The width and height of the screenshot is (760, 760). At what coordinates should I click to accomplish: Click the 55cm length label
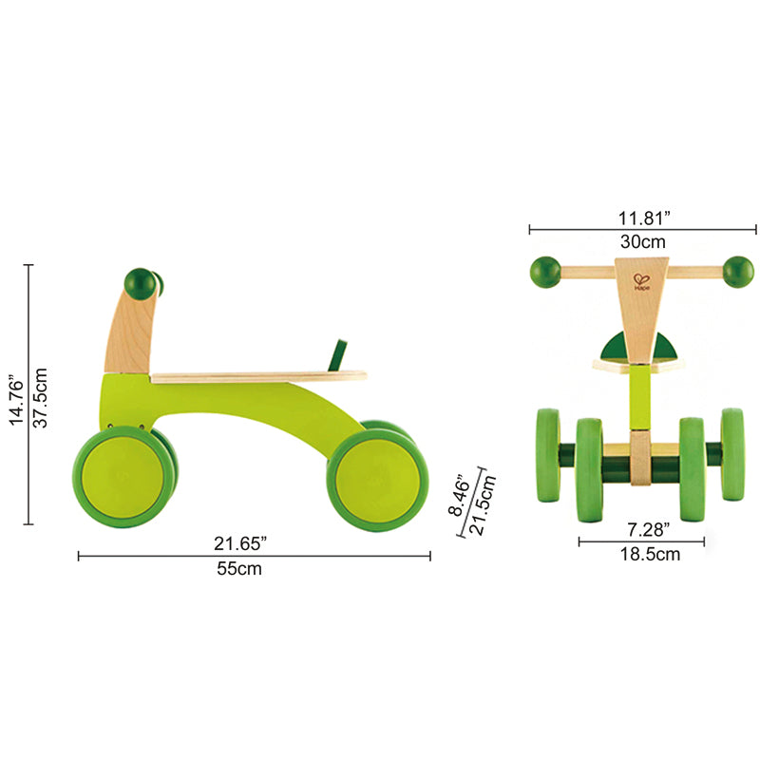click(x=237, y=569)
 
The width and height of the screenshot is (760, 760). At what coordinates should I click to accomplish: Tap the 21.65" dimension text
click(x=239, y=542)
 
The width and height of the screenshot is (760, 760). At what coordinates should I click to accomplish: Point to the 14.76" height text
click(x=16, y=397)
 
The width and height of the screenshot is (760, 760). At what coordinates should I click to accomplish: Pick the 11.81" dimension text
click(x=642, y=217)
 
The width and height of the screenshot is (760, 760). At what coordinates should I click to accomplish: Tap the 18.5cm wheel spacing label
click(x=642, y=555)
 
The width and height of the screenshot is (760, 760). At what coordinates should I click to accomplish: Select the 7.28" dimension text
click(x=642, y=528)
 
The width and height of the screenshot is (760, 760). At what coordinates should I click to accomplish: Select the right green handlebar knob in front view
click(x=738, y=271)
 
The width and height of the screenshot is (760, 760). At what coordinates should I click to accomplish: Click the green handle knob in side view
click(x=141, y=282)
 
